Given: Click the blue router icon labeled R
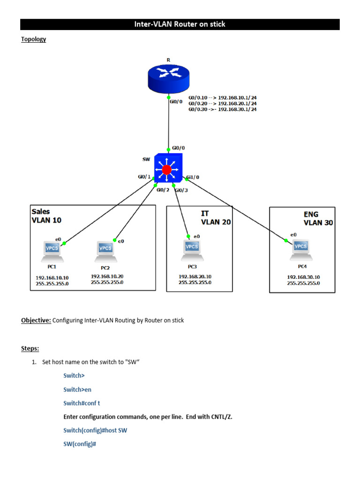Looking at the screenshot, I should pyautogui.click(x=168, y=78).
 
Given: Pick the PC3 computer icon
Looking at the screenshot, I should pyautogui.click(x=191, y=250).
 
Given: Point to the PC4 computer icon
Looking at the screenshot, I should pyautogui.click(x=300, y=249).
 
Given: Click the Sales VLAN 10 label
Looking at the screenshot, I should pyautogui.click(x=46, y=216).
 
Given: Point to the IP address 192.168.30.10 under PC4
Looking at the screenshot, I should pyautogui.click(x=303, y=277).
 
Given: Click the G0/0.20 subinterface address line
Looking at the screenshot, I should pyautogui.click(x=222, y=103).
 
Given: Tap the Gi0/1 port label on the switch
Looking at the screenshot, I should pyautogui.click(x=144, y=177).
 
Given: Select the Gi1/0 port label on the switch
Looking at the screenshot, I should pyautogui.click(x=193, y=177).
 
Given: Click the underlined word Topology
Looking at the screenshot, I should pyautogui.click(x=33, y=39).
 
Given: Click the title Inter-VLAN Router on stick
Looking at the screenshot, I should pyautogui.click(x=180, y=24).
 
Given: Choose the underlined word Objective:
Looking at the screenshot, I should pyautogui.click(x=36, y=321).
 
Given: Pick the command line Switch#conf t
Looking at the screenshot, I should pyautogui.click(x=82, y=403).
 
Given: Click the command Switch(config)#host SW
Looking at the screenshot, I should pyautogui.click(x=95, y=430).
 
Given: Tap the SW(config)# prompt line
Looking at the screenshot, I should pyautogui.click(x=80, y=443).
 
